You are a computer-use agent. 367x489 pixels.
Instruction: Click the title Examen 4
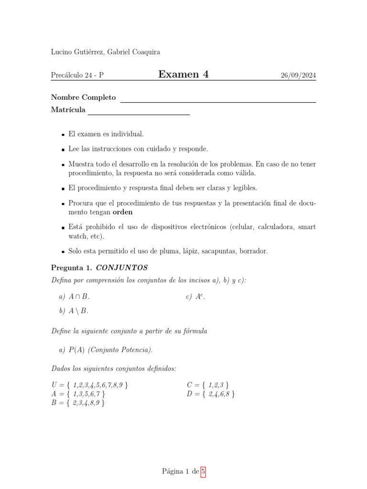(x=183, y=74)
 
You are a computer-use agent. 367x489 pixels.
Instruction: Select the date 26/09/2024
(x=298, y=75)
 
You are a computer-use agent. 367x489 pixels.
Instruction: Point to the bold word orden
(x=122, y=212)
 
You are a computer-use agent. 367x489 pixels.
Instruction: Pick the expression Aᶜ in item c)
(x=200, y=297)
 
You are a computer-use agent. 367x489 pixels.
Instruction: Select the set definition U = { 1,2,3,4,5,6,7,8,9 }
(x=89, y=385)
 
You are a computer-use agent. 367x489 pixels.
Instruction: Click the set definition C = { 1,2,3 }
(x=208, y=385)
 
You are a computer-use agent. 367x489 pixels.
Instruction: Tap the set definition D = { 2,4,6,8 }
(x=211, y=394)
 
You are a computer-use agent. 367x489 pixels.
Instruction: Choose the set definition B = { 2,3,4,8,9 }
(x=78, y=403)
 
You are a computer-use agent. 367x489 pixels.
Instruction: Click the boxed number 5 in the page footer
(x=203, y=472)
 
